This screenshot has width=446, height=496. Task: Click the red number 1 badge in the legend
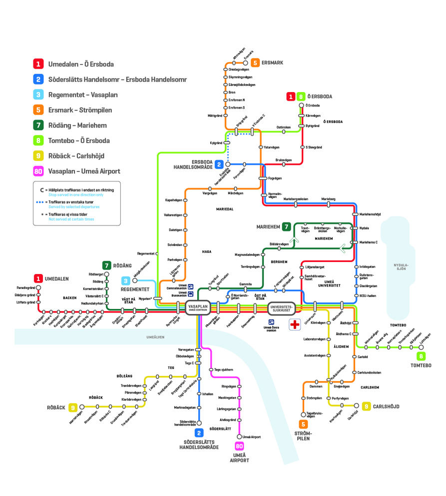(x=38, y=64)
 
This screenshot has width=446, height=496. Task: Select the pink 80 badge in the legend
(x=38, y=171)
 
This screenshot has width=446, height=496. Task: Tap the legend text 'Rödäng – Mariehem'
(x=77, y=125)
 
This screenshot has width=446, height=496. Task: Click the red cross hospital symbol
(x=295, y=323)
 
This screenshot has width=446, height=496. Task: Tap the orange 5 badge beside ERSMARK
(x=255, y=62)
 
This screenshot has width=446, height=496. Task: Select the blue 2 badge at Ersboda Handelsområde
(x=219, y=163)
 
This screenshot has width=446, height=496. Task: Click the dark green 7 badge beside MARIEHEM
(x=286, y=226)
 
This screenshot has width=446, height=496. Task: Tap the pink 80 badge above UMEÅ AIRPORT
(x=239, y=446)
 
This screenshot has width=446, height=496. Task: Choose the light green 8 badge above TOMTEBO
(x=422, y=356)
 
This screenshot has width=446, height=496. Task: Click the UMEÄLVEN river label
(x=155, y=337)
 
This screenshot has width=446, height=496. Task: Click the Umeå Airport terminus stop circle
(x=239, y=436)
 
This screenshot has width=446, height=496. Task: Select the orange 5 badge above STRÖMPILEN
(x=304, y=424)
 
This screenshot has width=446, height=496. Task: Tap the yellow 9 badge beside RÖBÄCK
(x=73, y=407)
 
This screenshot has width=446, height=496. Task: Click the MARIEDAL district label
(x=225, y=209)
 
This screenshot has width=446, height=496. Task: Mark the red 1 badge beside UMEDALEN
(x=38, y=278)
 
